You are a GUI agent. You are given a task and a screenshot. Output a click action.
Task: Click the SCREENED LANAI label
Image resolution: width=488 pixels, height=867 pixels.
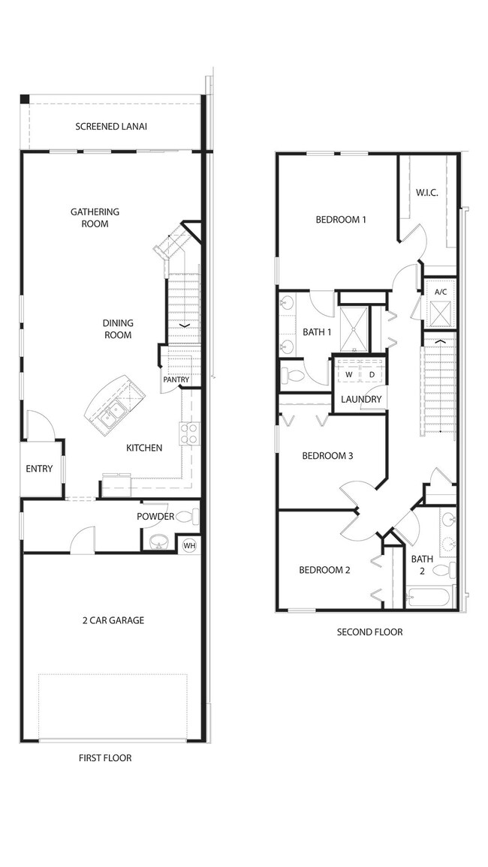111,127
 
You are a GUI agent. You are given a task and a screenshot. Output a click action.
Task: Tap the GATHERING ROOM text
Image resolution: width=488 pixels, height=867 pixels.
95,217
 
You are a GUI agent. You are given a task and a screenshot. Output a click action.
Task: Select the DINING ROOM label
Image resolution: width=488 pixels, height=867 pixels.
117,329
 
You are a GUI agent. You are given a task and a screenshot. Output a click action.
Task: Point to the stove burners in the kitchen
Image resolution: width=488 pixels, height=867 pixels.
189,433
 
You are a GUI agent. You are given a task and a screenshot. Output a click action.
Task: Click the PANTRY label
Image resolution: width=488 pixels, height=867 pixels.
176,379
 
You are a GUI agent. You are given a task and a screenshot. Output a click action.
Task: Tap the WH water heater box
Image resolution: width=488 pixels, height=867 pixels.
190,546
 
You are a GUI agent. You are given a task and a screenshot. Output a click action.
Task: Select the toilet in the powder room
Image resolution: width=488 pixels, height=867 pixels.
187,517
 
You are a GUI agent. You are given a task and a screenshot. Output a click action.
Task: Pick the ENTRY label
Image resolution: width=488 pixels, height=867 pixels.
39,469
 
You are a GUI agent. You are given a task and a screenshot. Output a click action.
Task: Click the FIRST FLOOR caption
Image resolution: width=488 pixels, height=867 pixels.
105,758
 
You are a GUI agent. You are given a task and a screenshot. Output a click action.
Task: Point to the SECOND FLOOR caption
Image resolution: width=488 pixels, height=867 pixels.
369,632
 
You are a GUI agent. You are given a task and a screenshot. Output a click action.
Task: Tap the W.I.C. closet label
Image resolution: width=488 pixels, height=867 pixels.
426,193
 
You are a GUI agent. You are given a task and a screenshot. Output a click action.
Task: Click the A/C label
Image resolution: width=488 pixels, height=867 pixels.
441,292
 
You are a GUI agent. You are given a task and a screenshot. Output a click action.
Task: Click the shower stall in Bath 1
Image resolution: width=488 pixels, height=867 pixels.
354,329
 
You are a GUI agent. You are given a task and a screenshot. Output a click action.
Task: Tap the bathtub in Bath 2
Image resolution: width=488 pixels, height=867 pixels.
430,598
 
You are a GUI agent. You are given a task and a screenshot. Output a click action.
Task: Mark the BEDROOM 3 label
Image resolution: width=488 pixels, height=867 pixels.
327,456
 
